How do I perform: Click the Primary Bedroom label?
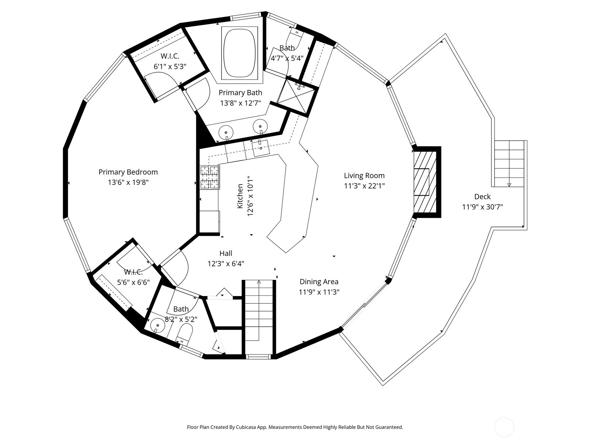[128, 172]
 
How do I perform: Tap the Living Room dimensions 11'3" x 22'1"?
[364, 186]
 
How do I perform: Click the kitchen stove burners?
[210, 177]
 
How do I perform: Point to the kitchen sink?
[261, 148]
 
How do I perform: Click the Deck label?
[482, 197]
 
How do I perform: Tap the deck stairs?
[509, 164]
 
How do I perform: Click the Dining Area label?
[319, 282]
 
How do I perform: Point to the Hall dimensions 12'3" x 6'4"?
[226, 264]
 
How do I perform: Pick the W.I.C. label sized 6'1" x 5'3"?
[170, 56]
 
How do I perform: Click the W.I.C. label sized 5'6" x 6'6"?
[133, 272]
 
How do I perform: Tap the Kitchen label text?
[240, 196]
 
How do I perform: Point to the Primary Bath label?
[240, 92]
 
